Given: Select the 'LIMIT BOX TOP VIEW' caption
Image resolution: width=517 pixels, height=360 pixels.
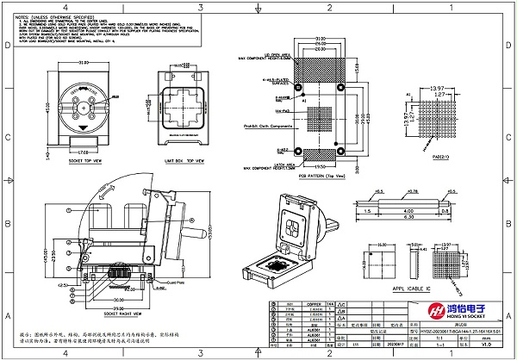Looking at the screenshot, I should pyautogui.click(x=183, y=161).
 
